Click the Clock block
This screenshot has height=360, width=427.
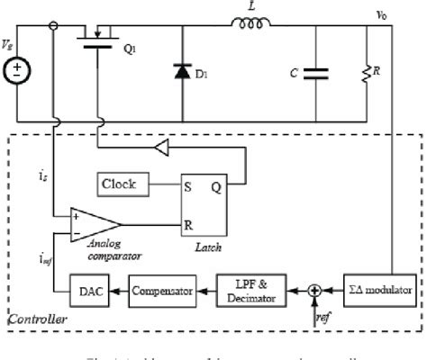pyautogui.click(x=120, y=184)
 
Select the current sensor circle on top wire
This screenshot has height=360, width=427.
pyautogui.click(x=56, y=25)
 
